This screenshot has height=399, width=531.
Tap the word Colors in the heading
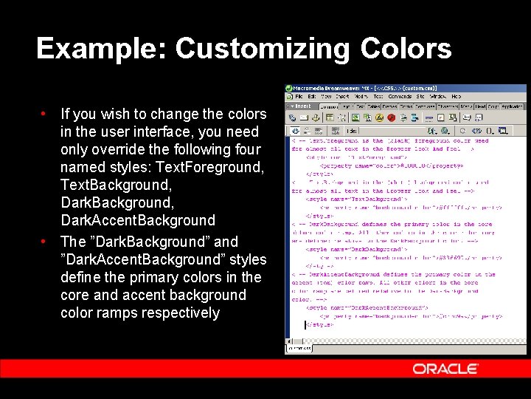click(406, 49)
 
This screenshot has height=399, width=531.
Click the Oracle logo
click(445, 369)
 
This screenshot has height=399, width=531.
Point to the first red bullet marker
click(44, 114)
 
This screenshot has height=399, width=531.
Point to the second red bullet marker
click(44, 241)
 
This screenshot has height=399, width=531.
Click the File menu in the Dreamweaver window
click(300, 97)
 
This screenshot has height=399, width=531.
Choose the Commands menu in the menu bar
click(400, 97)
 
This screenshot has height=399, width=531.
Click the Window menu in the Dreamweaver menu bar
click(438, 97)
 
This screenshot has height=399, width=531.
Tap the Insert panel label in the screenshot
click(302, 106)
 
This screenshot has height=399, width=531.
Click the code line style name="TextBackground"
click(347, 198)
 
